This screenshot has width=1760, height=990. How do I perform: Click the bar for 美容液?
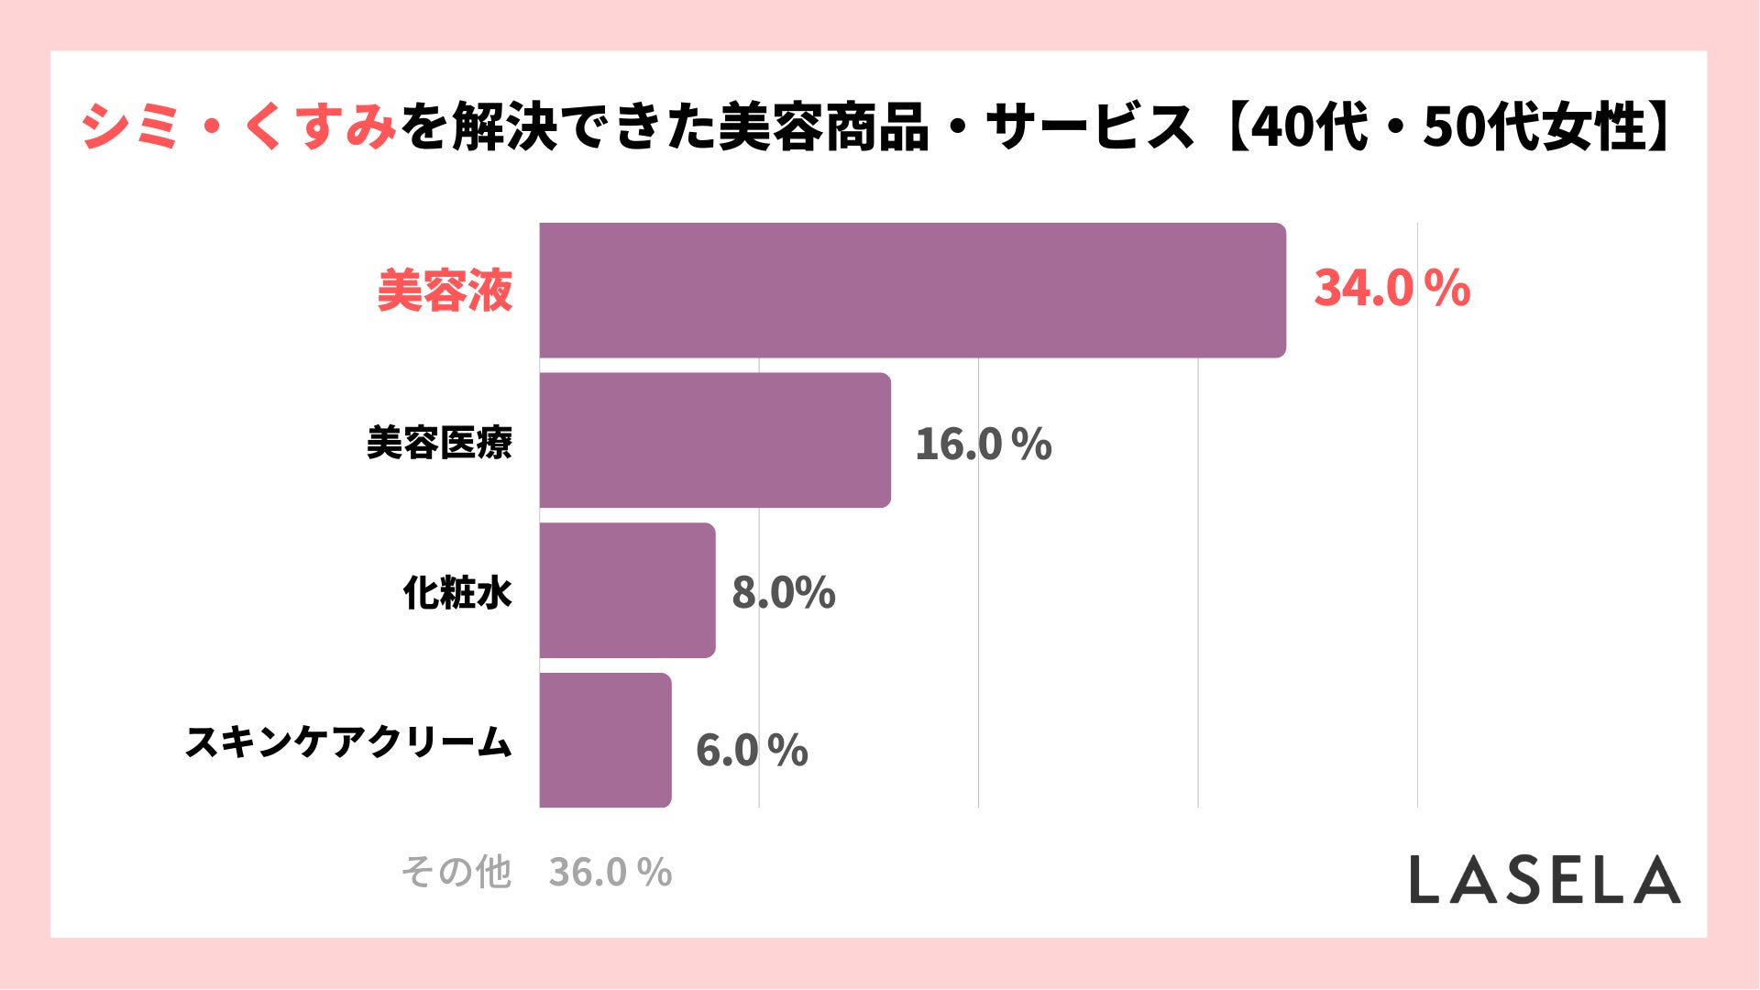[912, 290]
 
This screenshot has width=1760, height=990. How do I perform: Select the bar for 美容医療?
[715, 440]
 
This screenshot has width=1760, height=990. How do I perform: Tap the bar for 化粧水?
[627, 590]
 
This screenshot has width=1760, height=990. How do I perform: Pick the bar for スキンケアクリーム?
[605, 741]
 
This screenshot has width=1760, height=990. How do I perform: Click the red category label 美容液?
[445, 291]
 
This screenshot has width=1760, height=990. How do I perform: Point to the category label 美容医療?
[439, 443]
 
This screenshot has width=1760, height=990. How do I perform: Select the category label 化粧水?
[457, 593]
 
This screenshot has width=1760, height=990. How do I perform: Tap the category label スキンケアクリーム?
[348, 742]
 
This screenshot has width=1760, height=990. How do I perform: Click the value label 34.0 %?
[1391, 288]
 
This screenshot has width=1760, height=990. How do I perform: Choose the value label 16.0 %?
[983, 445]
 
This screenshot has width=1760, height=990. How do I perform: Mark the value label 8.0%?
[783, 592]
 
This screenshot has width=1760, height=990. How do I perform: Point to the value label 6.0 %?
[752, 751]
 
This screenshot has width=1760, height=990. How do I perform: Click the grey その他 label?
[456, 872]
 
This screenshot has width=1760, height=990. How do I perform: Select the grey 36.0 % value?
[610, 873]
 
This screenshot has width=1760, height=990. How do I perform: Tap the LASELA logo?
[1545, 880]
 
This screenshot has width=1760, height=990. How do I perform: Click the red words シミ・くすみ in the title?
[238, 126]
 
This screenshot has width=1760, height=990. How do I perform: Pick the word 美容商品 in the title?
[824, 126]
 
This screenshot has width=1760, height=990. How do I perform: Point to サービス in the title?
[1091, 126]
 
